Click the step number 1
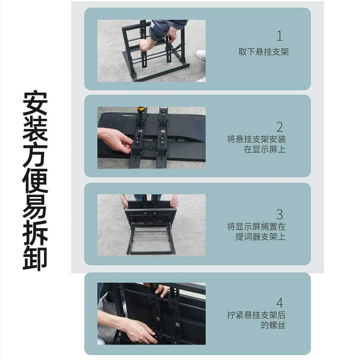click(x=279, y=36)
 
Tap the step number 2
click(x=279, y=127)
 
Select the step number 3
click(x=279, y=215)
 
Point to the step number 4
click(x=279, y=302)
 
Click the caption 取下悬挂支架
click(x=263, y=52)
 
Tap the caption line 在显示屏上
click(x=265, y=149)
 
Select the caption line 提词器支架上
click(x=261, y=237)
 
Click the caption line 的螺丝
click(x=273, y=325)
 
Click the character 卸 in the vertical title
click(x=35, y=258)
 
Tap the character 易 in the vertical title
click(x=35, y=206)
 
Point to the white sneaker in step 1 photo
click(x=201, y=55)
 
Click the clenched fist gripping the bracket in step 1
click(x=146, y=45)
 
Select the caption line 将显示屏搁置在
click(x=256, y=227)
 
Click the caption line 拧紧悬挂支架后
click(x=256, y=315)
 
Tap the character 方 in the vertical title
click(x=35, y=155)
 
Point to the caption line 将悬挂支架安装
click(x=256, y=139)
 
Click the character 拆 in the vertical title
click(x=35, y=232)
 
